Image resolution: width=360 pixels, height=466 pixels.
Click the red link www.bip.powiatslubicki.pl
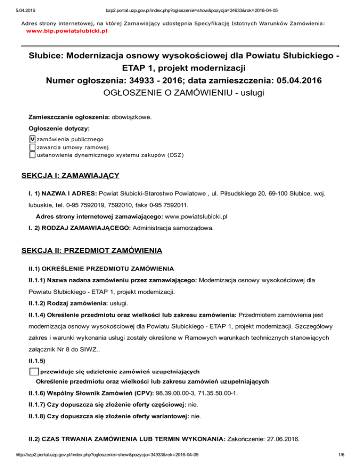tap(67, 30)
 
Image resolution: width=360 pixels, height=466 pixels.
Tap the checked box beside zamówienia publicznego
tap(32, 139)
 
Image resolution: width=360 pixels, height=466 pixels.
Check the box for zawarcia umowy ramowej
tap(32, 147)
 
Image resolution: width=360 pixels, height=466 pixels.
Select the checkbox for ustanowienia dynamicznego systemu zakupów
tap(32, 155)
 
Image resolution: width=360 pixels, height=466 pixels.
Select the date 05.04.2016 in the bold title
tap(290, 80)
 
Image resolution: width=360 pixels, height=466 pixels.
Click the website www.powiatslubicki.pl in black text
tap(195, 217)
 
